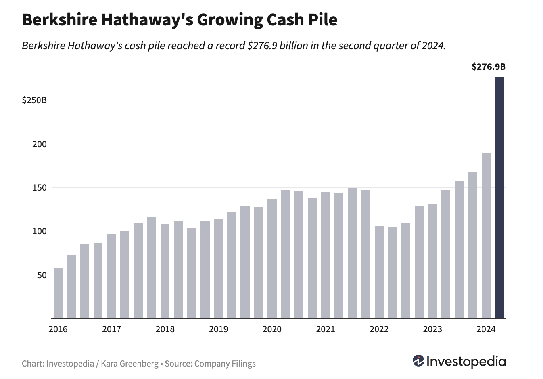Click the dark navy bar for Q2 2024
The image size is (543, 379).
tap(499, 198)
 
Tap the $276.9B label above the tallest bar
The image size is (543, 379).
tap(488, 67)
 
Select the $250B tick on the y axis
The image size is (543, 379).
tap(34, 100)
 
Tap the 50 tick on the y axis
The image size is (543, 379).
tap(42, 275)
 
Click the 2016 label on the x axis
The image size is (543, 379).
tap(58, 329)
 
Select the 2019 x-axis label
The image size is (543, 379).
tap(219, 329)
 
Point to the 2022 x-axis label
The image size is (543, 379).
tap(379, 329)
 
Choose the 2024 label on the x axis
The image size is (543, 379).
tap(486, 329)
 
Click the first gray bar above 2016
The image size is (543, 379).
tap(58, 293)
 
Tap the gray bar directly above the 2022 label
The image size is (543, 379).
tap(379, 272)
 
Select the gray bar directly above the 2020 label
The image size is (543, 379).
tap(272, 258)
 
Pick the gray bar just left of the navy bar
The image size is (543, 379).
tap(486, 236)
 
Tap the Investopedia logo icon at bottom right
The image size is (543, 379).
tap(418, 361)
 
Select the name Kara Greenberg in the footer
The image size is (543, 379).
tap(129, 364)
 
